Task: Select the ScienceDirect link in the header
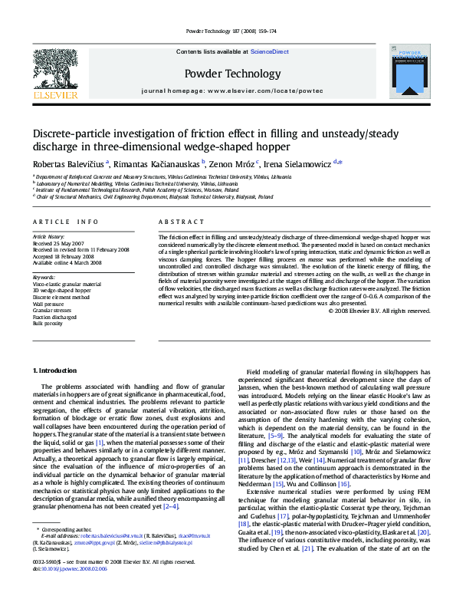(x=270, y=51)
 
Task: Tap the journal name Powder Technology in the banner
(x=233, y=74)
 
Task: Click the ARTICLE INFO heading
(x=65, y=222)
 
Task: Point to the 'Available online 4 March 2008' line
(x=67, y=263)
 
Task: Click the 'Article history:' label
(x=49, y=238)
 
